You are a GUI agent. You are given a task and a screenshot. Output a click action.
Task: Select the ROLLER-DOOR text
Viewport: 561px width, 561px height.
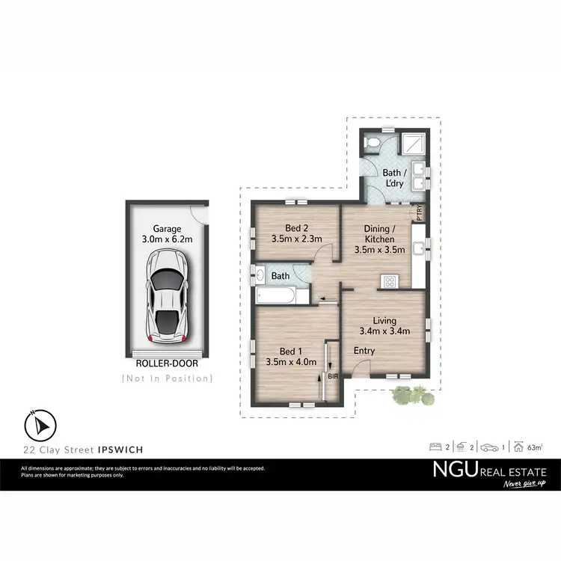click(x=167, y=365)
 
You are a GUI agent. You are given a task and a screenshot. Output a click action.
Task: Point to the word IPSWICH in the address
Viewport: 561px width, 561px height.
click(x=120, y=450)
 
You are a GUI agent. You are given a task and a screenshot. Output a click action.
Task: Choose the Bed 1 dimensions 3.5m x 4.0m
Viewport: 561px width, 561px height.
click(x=291, y=362)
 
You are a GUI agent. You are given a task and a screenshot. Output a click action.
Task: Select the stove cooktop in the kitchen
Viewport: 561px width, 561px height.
click(x=389, y=282)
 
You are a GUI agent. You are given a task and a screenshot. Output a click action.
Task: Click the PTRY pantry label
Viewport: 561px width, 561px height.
click(x=420, y=212)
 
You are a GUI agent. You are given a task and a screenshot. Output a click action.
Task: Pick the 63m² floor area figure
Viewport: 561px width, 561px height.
click(x=534, y=447)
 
